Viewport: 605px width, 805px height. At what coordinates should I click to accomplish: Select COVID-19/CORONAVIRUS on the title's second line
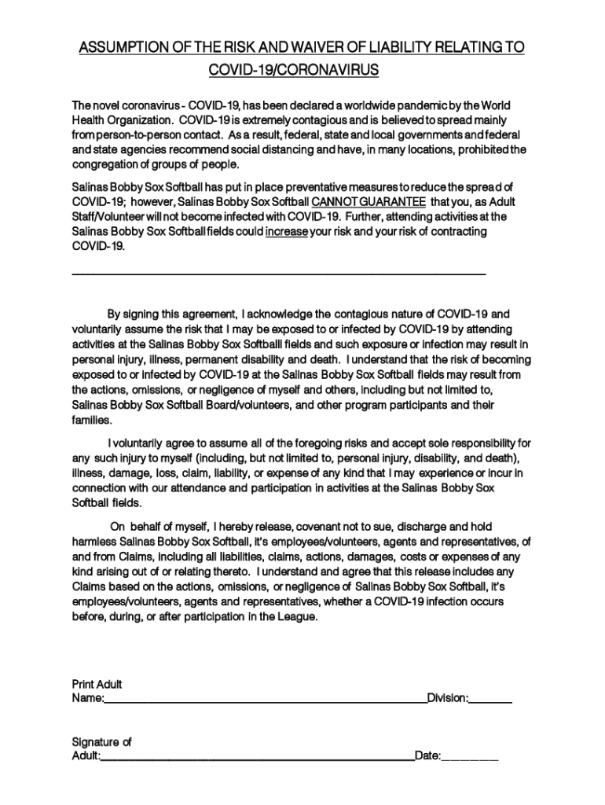pyautogui.click(x=294, y=71)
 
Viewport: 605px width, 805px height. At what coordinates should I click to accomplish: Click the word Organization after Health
pyautogui.click(x=137, y=120)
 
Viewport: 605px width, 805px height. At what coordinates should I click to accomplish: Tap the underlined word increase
pyautogui.click(x=286, y=231)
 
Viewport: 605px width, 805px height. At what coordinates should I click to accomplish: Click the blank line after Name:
pyautogui.click(x=265, y=700)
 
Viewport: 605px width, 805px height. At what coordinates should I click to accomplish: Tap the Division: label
pyautogui.click(x=448, y=697)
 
